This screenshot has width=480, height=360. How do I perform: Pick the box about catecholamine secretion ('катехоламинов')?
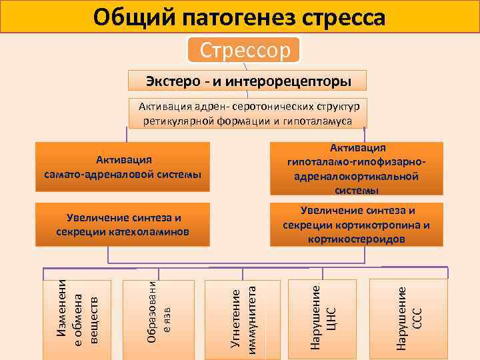click(x=124, y=225)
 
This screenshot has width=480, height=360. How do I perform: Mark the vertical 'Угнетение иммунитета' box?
click(x=241, y=317)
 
